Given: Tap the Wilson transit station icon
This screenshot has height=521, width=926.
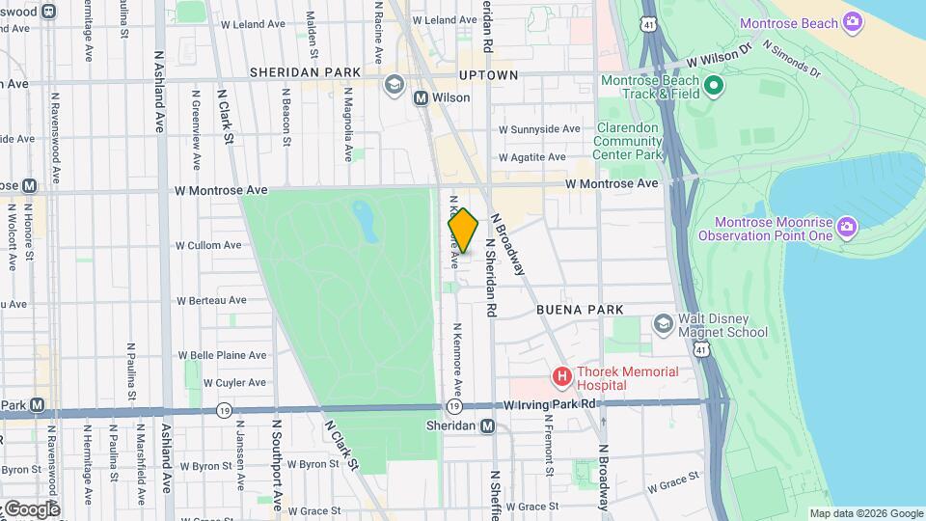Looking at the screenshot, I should click(x=421, y=98).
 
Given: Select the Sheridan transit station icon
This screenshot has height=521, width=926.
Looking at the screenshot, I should click(x=488, y=426).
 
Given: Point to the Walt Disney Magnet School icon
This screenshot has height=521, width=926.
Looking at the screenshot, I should click(x=663, y=322).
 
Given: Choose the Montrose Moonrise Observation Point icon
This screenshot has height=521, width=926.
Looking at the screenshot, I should click(x=847, y=227).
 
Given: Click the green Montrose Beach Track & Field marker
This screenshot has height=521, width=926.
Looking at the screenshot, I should click(x=713, y=88).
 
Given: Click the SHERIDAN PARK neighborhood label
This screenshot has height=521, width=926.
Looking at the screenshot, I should click(x=305, y=72).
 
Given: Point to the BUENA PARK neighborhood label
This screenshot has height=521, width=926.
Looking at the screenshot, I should click(x=580, y=310).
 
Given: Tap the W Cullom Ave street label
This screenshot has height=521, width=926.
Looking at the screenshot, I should click(x=208, y=245).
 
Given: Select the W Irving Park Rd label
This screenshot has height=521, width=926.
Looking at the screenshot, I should click(x=551, y=404).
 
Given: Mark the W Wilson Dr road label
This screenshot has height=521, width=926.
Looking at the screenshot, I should click(x=719, y=60).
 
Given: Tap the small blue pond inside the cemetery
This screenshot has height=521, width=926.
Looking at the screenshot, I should click(x=365, y=221).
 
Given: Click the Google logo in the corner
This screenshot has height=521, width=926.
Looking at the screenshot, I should click(x=32, y=508).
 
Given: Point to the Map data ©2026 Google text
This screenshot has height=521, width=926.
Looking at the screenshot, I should click(x=865, y=513).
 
